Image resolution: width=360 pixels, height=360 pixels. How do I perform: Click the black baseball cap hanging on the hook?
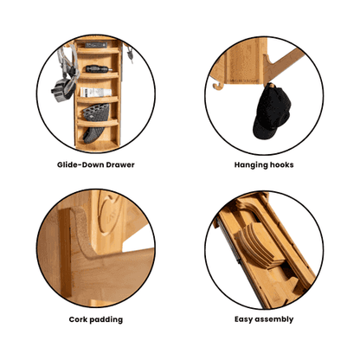pyautogui.click(x=271, y=112)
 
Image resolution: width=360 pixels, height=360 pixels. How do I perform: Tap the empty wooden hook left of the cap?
pyautogui.click(x=218, y=86)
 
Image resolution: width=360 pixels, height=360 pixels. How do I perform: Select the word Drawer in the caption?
pyautogui.click(x=120, y=164)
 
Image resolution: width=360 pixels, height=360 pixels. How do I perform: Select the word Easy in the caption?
pyautogui.click(x=243, y=319)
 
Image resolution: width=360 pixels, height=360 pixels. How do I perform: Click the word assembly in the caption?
pyautogui.click(x=274, y=319)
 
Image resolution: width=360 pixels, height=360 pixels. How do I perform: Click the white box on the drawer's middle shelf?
pyautogui.click(x=95, y=92)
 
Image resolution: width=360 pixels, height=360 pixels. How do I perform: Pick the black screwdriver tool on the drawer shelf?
pyautogui.click(x=99, y=69)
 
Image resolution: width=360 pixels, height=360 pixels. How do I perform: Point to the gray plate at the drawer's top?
pyautogui.click(x=96, y=45)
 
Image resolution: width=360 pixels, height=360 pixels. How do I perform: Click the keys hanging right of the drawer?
pyautogui.click(x=130, y=55)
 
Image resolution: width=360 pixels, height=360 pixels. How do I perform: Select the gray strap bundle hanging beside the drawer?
pyautogui.click(x=66, y=74)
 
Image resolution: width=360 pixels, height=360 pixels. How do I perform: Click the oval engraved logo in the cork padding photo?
pyautogui.click(x=109, y=215)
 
